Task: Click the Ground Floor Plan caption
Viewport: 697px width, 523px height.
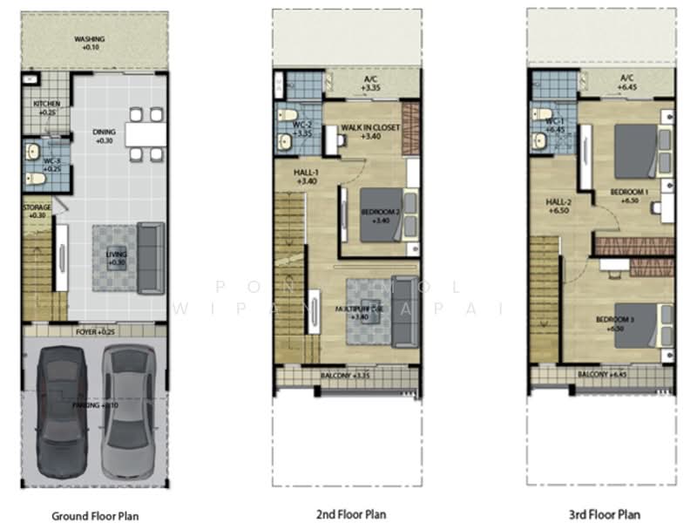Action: point(96,516)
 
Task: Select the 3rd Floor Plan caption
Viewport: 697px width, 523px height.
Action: point(605,514)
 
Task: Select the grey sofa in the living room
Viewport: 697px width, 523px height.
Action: point(152,258)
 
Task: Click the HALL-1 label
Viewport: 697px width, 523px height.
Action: point(306,178)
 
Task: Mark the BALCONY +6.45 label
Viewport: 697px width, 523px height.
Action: point(603,375)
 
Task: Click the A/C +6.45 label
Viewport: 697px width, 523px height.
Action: point(626,83)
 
